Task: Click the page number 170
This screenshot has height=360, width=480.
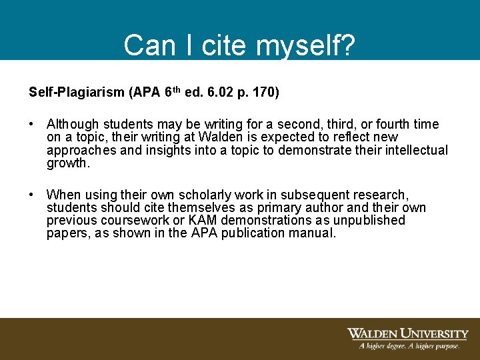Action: [x=264, y=92]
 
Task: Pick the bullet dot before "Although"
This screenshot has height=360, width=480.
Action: [x=31, y=125]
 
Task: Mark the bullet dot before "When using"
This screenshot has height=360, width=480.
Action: [x=31, y=195]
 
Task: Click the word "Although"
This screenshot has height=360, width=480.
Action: [x=72, y=125]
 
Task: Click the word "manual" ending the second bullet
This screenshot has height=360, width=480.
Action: [x=313, y=233]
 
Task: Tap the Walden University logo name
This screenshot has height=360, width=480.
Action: [x=407, y=333]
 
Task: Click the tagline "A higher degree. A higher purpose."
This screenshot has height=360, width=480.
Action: [x=409, y=346]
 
